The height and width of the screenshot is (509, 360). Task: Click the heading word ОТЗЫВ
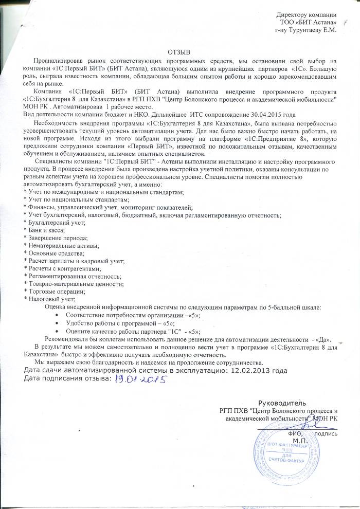pos(179,52)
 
